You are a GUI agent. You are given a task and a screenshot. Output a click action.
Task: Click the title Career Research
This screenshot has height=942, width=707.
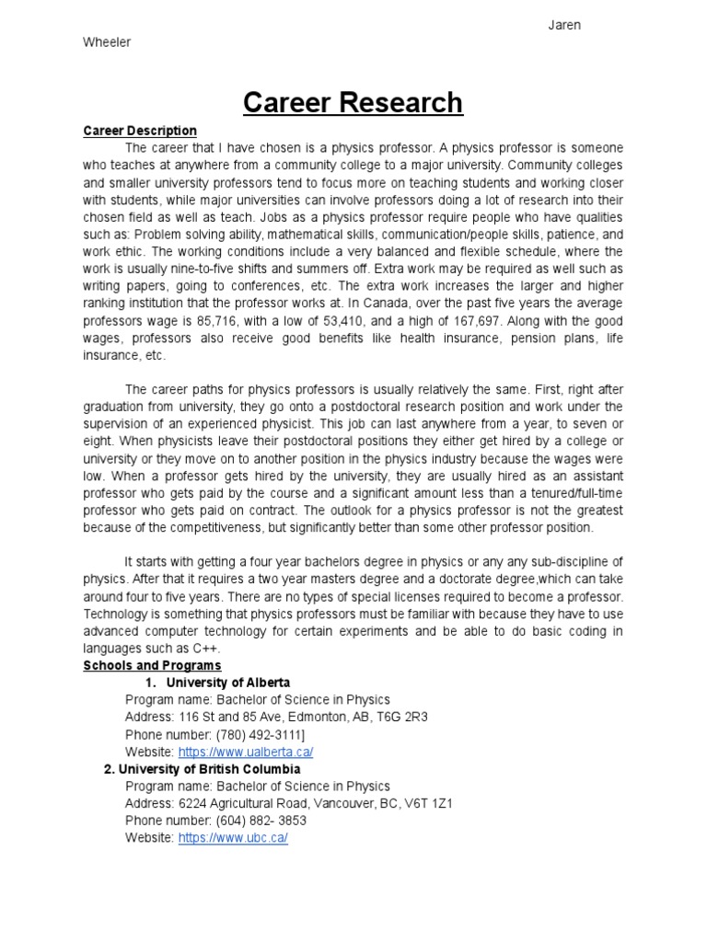(x=353, y=102)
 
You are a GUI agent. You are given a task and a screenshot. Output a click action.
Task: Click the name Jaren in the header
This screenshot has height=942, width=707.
(x=564, y=25)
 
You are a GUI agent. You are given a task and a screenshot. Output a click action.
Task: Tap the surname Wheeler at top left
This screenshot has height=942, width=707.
(x=107, y=42)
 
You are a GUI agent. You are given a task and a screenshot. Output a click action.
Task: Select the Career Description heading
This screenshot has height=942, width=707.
(x=140, y=131)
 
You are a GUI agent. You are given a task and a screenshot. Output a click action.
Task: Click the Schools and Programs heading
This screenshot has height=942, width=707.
(x=152, y=665)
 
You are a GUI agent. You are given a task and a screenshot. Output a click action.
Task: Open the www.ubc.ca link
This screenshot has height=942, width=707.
(x=233, y=839)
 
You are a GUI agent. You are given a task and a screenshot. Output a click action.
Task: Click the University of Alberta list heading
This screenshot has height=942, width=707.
(x=227, y=683)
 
